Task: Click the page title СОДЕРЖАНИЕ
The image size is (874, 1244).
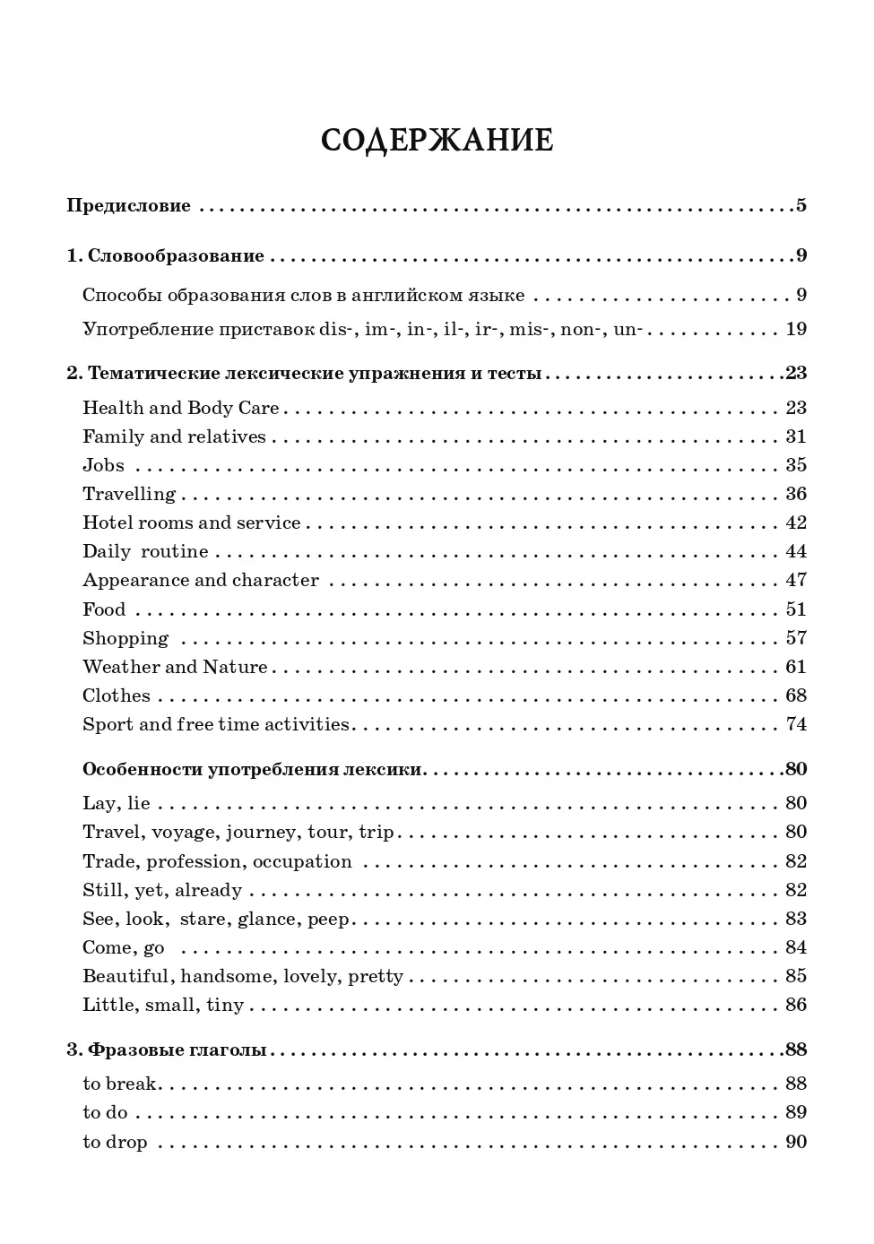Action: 437,141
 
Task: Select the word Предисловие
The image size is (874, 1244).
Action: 128,205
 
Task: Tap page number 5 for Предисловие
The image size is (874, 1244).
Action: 800,205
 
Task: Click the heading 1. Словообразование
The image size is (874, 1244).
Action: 166,255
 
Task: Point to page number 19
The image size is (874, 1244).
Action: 796,329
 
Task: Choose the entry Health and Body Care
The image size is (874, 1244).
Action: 181,408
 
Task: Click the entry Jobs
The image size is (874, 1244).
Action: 103,465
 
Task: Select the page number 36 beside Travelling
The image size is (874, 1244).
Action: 796,494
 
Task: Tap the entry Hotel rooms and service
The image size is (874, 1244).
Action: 192,523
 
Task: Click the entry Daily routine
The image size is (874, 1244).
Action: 145,551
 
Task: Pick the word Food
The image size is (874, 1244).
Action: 104,609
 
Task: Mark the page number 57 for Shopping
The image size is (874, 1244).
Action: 796,638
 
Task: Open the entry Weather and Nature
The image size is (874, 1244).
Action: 175,667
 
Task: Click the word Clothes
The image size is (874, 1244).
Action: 117,695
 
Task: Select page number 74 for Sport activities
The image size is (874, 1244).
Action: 796,724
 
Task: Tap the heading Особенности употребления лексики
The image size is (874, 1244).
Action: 252,769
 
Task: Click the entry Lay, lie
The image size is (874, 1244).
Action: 117,803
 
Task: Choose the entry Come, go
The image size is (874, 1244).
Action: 123,947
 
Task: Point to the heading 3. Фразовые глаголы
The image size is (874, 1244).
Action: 167,1050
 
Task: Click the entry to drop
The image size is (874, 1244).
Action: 115,1142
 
